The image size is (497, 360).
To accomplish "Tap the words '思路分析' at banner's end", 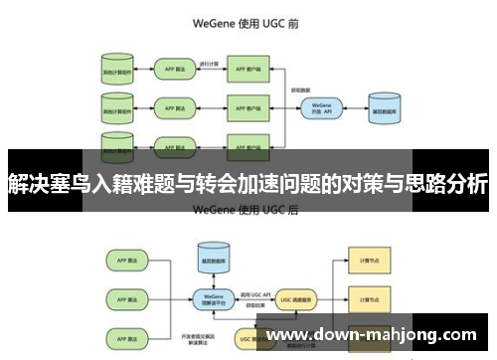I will coord(447,183).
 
